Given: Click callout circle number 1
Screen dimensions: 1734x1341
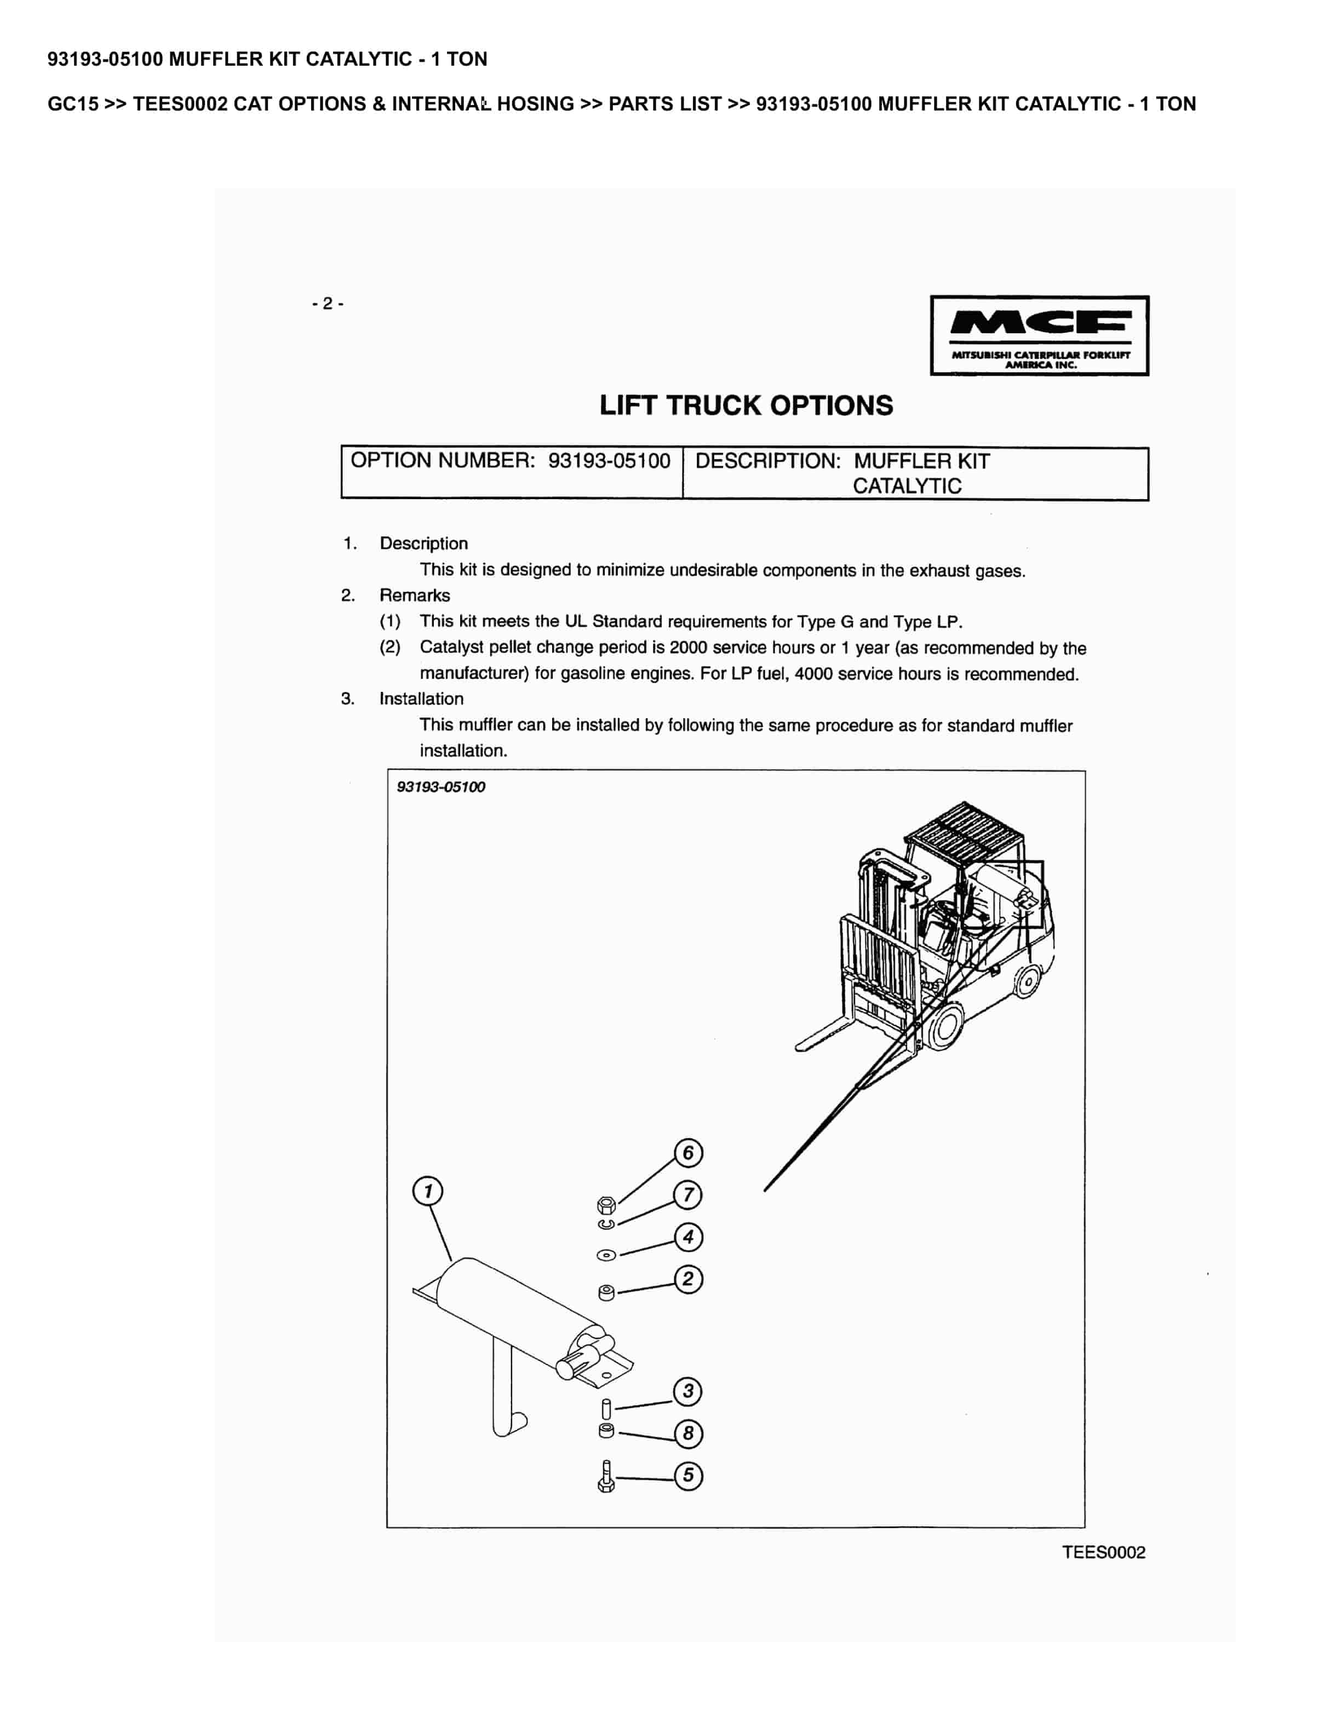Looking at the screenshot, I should (427, 1191).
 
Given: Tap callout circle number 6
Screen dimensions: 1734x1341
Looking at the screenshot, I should (688, 1153).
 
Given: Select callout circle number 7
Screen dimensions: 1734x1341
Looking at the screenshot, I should (688, 1195).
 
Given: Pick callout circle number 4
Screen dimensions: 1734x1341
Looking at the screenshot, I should (688, 1237).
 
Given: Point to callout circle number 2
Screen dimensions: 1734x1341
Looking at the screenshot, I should (688, 1279).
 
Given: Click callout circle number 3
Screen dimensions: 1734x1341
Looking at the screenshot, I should (688, 1391).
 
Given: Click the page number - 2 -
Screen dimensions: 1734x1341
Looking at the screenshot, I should (327, 303).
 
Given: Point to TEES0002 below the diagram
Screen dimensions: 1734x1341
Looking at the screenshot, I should (1103, 1552).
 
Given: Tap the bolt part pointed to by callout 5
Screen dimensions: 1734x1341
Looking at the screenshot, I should (606, 1477).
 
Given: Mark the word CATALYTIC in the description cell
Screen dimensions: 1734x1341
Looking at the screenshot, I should (907, 486).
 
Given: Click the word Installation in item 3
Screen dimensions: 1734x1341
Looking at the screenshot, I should (421, 698).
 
